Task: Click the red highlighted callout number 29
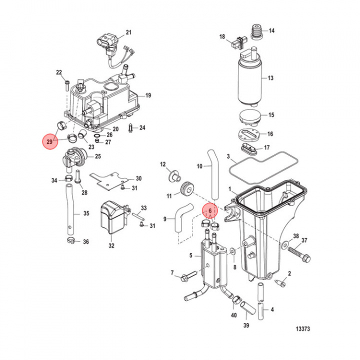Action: (x=49, y=142)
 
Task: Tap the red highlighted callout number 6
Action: (x=210, y=211)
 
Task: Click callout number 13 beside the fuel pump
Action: (x=270, y=78)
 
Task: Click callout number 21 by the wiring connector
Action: (x=128, y=33)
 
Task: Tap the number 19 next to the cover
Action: (x=148, y=95)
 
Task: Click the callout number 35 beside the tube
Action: (x=86, y=213)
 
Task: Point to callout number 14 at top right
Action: (x=272, y=30)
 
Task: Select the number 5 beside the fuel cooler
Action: (x=190, y=255)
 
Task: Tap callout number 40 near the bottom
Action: (x=233, y=315)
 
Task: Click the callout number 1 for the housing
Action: (x=229, y=189)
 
